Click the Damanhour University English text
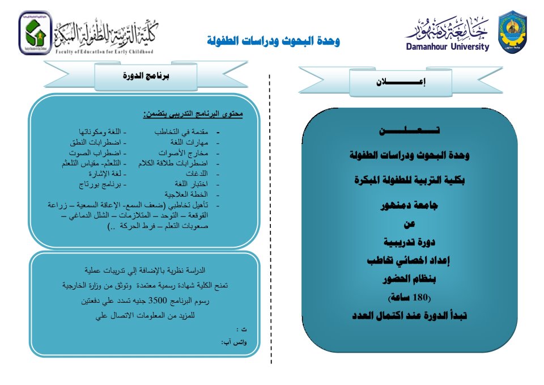point(447,47)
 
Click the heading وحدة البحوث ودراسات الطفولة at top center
point(274,41)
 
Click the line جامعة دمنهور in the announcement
point(410,206)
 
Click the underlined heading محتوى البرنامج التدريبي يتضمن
point(193,114)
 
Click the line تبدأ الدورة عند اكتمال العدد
point(410,316)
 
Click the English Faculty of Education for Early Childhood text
point(104,52)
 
